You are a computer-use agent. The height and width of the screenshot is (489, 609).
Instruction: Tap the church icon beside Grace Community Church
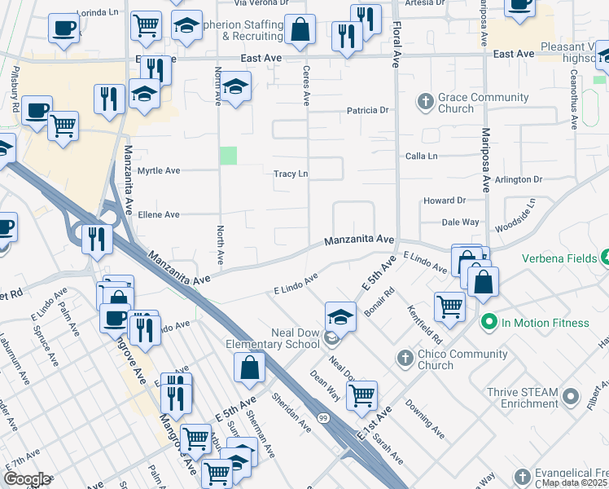click(424, 102)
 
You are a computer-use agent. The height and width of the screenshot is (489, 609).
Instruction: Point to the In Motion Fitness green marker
click(489, 323)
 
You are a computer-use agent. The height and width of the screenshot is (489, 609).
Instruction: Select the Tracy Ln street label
click(291, 174)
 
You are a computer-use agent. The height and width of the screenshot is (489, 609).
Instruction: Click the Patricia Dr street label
click(367, 110)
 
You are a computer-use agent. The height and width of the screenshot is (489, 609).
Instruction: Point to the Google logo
click(27, 479)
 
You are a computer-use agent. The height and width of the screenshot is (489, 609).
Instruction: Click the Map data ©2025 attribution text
click(574, 482)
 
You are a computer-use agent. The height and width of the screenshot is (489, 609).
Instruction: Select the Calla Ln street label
click(422, 156)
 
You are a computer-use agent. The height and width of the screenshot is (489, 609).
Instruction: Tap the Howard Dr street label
click(444, 200)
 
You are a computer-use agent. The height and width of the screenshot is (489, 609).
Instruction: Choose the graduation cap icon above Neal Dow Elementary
click(340, 316)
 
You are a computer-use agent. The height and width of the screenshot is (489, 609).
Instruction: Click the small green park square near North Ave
click(230, 155)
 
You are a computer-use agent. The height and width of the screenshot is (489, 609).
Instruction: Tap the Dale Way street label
click(460, 222)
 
